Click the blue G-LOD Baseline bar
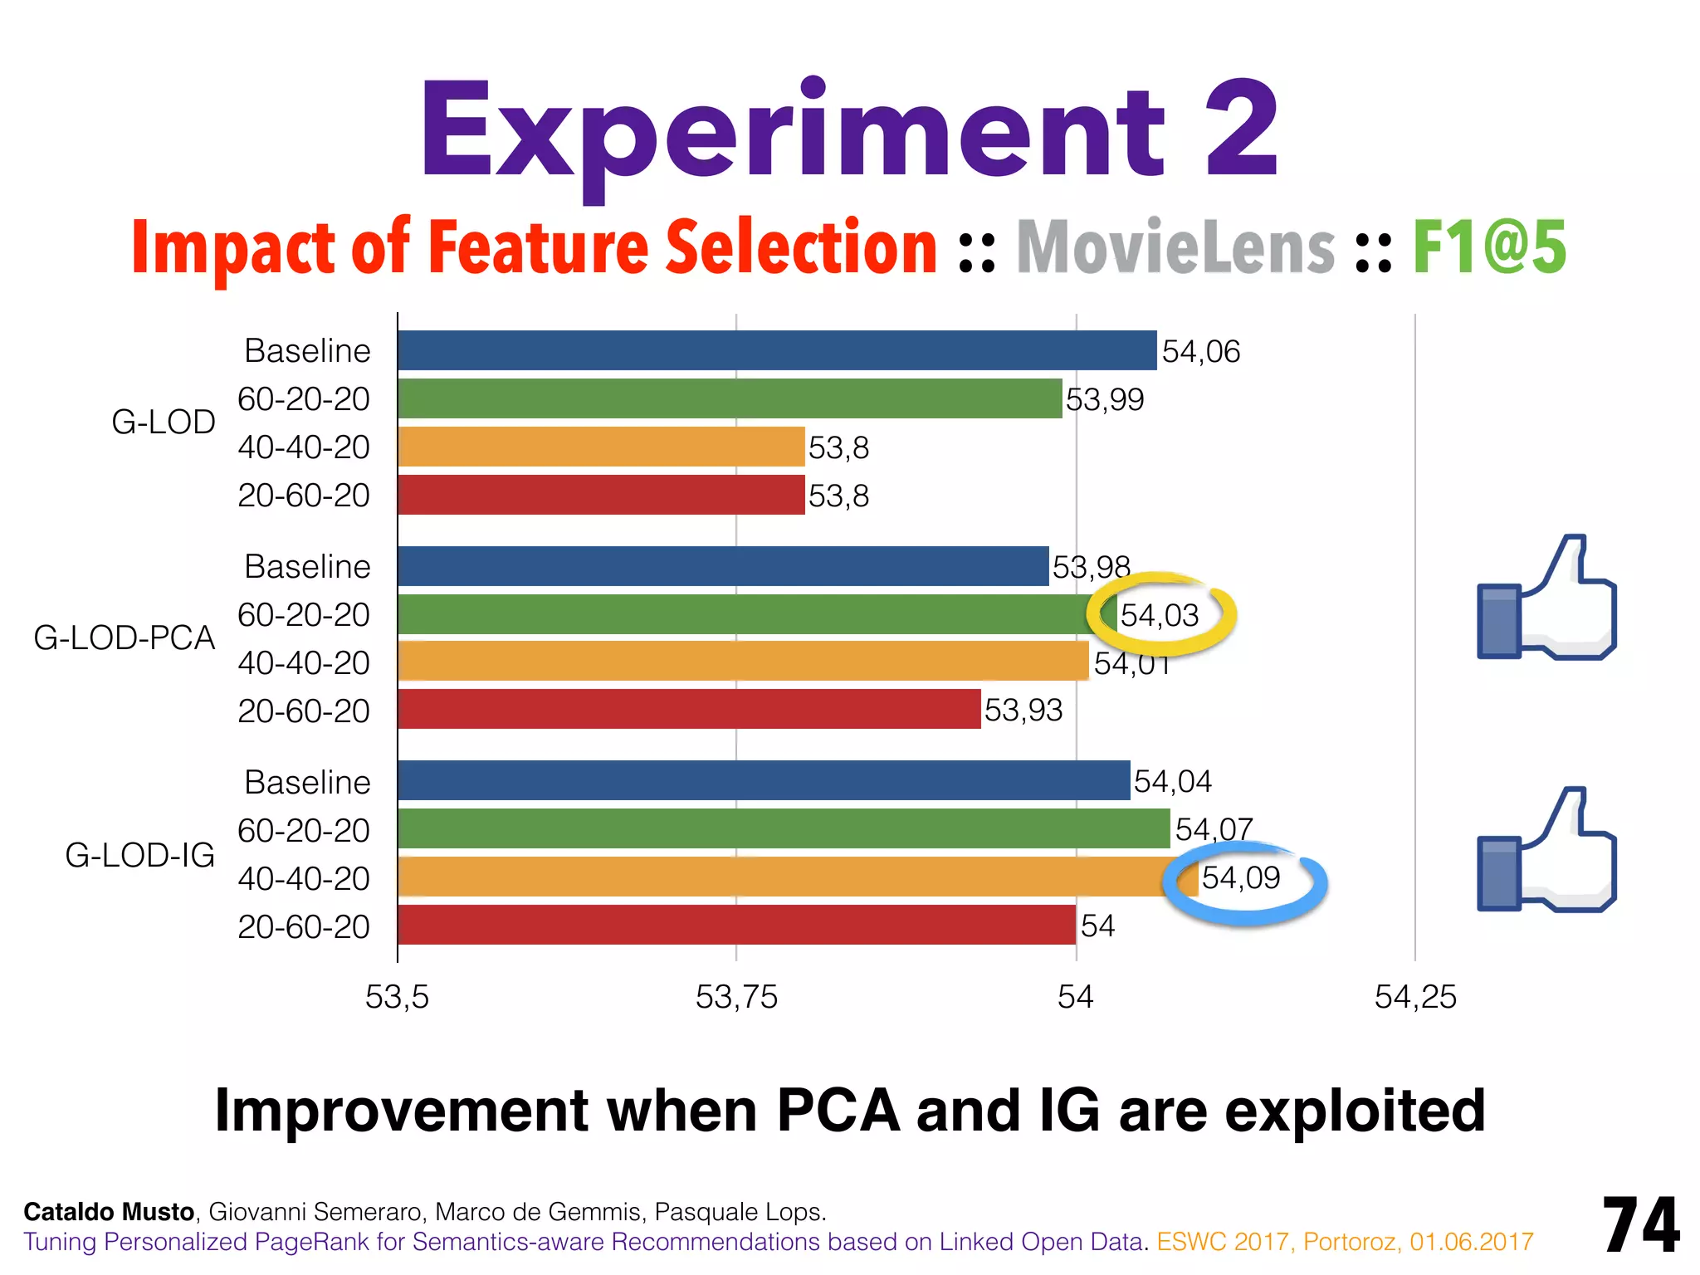coord(776,350)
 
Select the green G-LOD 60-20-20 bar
coord(729,398)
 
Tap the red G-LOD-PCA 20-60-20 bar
coord(689,709)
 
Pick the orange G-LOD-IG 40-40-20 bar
coord(797,877)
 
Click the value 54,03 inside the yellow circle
coord(1160,616)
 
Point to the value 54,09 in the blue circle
coord(1241,878)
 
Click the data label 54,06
coord(1200,352)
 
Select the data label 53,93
coord(1023,711)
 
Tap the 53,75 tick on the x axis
coord(736,997)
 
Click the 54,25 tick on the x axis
coord(1415,997)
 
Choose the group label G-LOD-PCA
coord(125,638)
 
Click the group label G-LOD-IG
coord(139,855)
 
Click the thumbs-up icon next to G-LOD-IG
coord(1546,851)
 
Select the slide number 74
coord(1640,1225)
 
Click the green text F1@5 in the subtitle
coord(1489,247)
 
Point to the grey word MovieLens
coord(1175,247)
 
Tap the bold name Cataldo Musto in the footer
coord(109,1212)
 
